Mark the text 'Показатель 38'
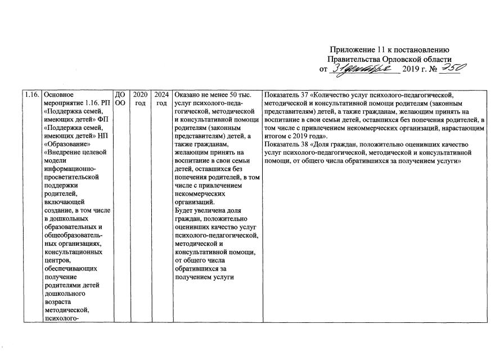[291, 145]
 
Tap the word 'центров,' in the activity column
[57, 260]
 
